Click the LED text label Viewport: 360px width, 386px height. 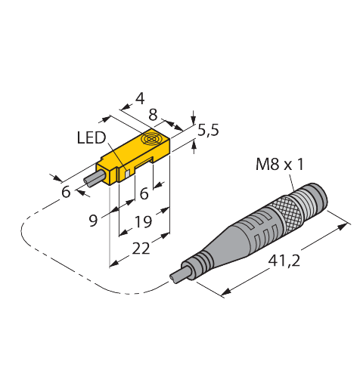point(92,138)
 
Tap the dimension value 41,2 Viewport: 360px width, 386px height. point(284,261)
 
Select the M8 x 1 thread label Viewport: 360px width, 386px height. point(280,164)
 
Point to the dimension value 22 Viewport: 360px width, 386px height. point(141,249)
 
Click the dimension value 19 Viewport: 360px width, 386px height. point(143,221)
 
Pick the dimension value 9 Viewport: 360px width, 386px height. point(93,221)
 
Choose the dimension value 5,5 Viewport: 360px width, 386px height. point(208,131)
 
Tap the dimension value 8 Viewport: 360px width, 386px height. point(153,115)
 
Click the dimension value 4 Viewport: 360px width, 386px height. point(140,98)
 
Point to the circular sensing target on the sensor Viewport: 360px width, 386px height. point(151,139)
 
